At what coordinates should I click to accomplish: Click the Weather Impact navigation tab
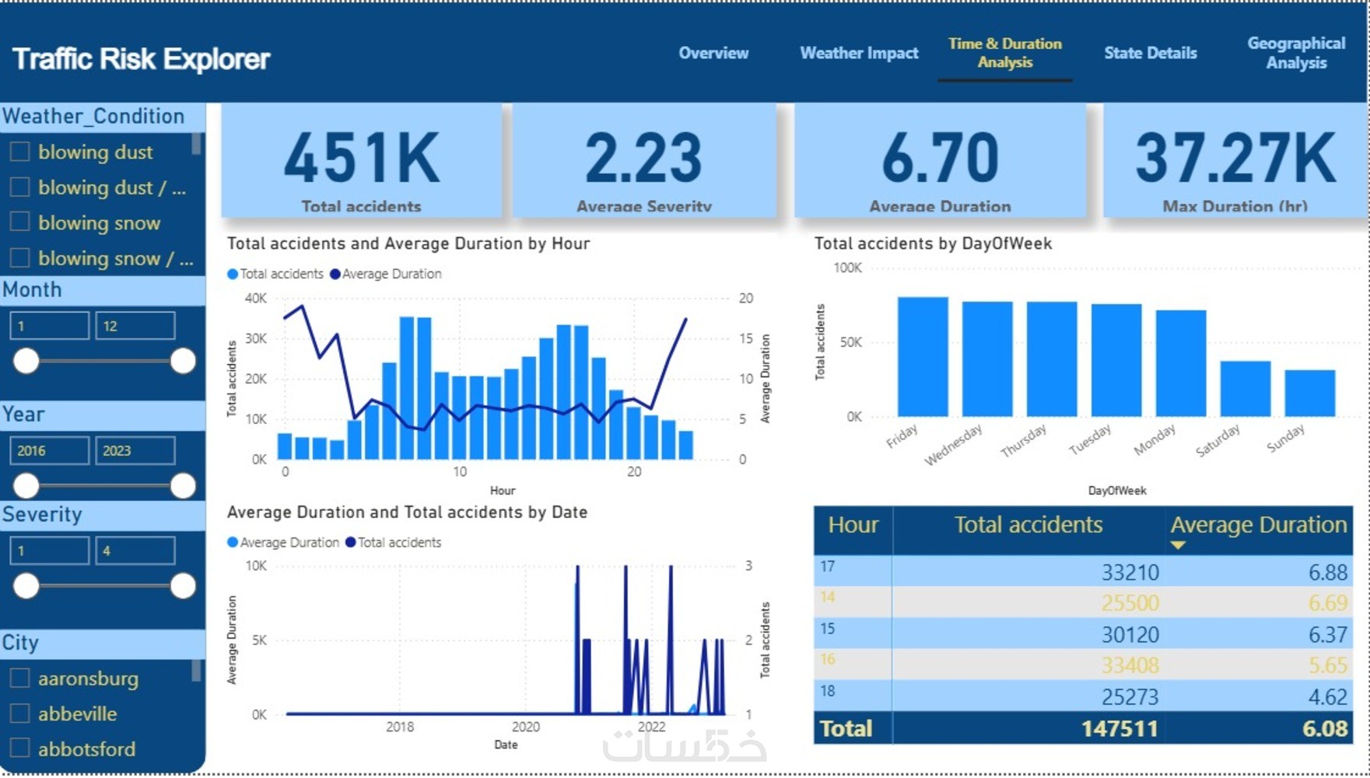859,53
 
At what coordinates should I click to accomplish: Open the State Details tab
1150,53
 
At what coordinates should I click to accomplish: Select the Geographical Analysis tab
1296,53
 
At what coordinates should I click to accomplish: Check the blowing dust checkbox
20,152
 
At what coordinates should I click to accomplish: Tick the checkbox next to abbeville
20,713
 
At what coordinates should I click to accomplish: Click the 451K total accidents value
362,158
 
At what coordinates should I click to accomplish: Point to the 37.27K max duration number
1235,158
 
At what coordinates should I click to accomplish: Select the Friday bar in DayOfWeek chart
923,357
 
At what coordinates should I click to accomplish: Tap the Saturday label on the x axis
1218,441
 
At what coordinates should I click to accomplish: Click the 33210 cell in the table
1130,573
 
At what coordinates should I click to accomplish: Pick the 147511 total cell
1119,729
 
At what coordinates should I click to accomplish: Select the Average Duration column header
1258,525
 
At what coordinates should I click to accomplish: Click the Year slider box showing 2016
49,450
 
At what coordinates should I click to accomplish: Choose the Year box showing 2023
135,450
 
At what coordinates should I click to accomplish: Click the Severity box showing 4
135,551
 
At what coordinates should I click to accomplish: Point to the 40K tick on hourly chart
256,298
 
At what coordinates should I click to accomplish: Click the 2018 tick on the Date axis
400,727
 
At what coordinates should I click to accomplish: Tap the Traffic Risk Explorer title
141,59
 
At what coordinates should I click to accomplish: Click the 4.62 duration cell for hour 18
1327,697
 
